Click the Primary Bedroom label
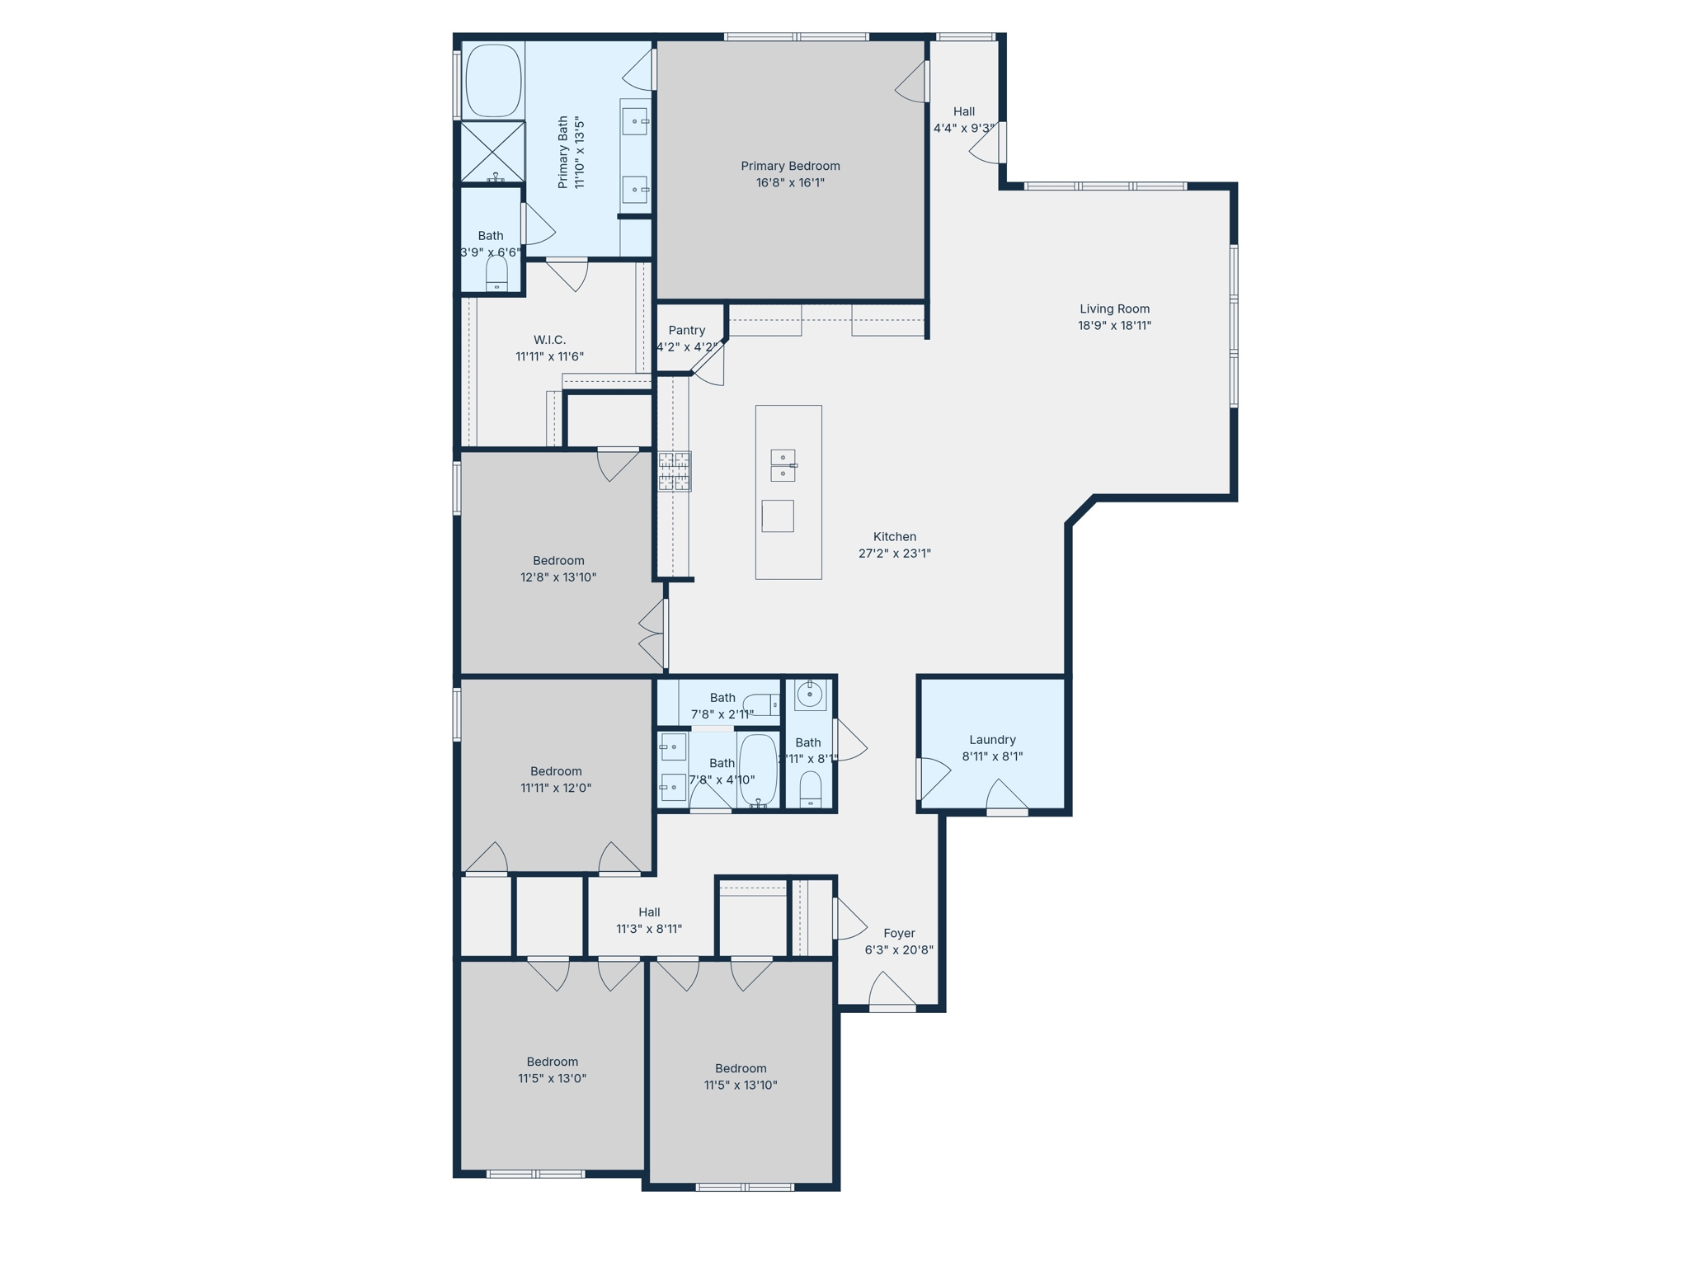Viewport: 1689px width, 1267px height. (x=789, y=166)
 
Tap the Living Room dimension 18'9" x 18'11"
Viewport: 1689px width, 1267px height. (x=1114, y=326)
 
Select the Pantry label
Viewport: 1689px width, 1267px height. (x=686, y=330)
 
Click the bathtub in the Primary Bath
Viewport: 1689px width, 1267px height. (x=493, y=81)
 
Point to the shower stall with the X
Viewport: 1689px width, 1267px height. (x=492, y=151)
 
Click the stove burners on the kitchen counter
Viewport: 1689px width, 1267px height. (x=674, y=472)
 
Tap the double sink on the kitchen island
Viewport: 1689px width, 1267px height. (x=783, y=465)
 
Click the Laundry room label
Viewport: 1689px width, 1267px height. (x=992, y=740)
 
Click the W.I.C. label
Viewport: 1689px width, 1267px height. (x=549, y=340)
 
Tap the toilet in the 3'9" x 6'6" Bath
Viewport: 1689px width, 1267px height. (x=496, y=274)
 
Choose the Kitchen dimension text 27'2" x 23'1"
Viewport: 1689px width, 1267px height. (x=894, y=553)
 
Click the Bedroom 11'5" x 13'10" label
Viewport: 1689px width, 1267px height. (x=741, y=1068)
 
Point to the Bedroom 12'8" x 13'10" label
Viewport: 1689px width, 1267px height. (x=558, y=561)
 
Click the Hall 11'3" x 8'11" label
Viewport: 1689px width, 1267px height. (x=649, y=912)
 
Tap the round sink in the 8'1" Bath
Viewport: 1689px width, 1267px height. (x=809, y=695)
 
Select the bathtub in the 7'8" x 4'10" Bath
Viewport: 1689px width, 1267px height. (x=758, y=770)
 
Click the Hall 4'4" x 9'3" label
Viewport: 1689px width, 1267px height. (x=963, y=111)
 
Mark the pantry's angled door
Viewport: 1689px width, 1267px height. (x=708, y=364)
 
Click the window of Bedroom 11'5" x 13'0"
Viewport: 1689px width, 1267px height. (x=535, y=1173)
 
